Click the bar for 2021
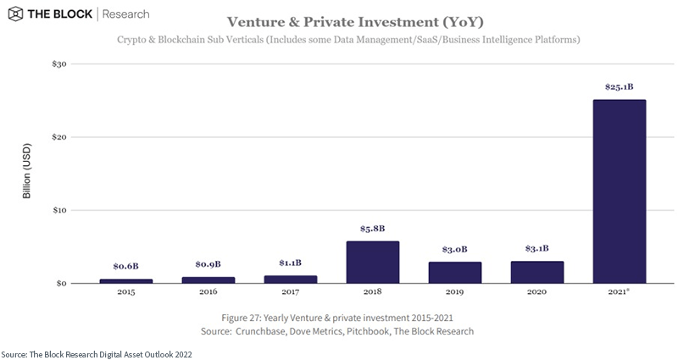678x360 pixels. (620, 191)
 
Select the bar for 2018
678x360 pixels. (373, 263)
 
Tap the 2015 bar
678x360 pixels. (125, 280)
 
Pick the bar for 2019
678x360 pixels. (455, 273)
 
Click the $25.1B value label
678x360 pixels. (620, 86)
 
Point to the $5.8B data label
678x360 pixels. (373, 228)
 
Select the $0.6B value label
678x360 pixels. (125, 266)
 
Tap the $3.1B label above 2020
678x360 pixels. (537, 248)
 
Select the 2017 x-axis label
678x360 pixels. (291, 292)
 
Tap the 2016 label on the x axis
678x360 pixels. (208, 292)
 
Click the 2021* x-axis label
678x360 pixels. (620, 292)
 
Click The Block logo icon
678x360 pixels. (14, 14)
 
